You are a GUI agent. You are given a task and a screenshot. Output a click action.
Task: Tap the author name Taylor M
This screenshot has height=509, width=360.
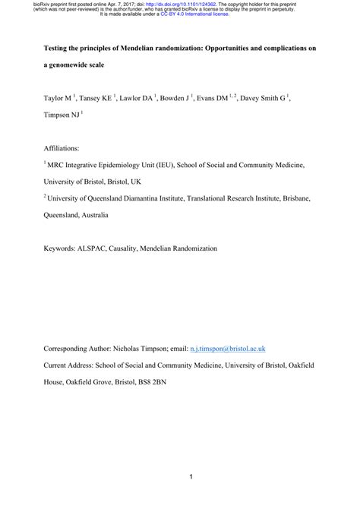(58, 98)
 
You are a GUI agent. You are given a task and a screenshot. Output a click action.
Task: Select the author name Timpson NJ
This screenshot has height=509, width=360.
(61, 116)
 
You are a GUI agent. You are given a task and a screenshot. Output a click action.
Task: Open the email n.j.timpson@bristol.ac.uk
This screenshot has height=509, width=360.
(227, 349)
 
